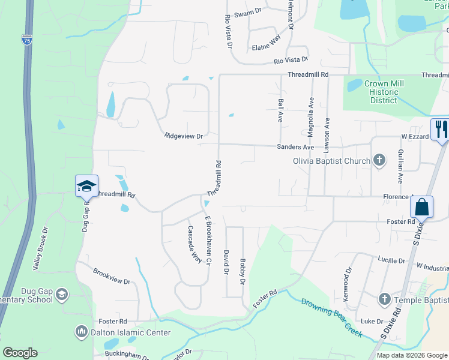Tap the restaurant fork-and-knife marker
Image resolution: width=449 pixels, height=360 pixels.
point(440,129)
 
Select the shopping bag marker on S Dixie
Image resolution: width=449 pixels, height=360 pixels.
point(422,207)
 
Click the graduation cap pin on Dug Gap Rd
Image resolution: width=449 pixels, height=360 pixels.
point(87,185)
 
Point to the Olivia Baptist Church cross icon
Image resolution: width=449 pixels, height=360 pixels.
point(379,160)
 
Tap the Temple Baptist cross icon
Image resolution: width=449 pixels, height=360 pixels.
point(385,299)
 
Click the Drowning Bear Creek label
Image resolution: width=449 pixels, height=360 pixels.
point(332,318)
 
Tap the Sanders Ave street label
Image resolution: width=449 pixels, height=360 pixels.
point(295,147)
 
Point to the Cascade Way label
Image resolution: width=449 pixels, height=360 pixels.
point(194,244)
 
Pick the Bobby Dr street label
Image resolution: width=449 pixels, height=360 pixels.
point(243,271)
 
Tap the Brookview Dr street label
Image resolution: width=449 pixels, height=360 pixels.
point(112,276)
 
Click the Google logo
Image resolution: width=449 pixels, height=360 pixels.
point(20,353)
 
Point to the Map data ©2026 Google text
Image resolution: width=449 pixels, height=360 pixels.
point(411,355)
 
